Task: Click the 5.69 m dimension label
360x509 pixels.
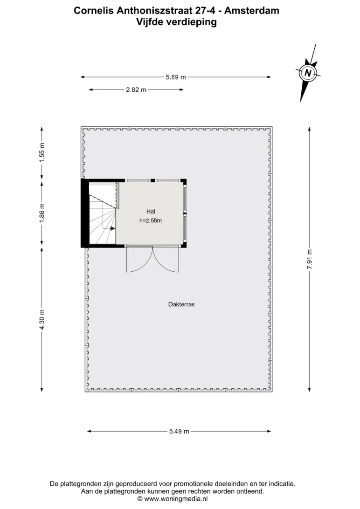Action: coord(176,77)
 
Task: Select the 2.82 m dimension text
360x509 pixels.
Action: coord(136,90)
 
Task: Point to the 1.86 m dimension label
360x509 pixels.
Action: coord(42,213)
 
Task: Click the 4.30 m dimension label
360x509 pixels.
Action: coord(42,319)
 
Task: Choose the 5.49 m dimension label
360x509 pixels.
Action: coord(179,432)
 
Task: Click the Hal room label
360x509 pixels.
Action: coord(151,211)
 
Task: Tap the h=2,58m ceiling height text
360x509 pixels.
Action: coord(151,221)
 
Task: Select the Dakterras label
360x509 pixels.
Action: coord(181,304)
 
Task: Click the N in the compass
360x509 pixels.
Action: coord(308,73)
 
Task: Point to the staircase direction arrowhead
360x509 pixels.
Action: coord(113,228)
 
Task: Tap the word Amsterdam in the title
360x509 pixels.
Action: coord(251,11)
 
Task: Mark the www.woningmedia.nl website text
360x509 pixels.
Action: coord(176,499)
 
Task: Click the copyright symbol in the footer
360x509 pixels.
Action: coord(140,499)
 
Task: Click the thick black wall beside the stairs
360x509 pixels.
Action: coord(85,213)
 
